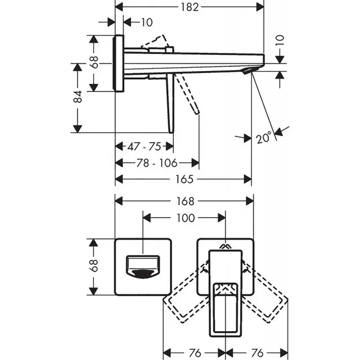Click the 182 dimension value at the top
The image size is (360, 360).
tap(189, 7)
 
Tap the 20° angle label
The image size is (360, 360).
tap(264, 138)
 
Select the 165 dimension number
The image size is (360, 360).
tap(184, 179)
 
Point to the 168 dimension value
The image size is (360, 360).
tap(185, 201)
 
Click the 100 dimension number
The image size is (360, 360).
tap(186, 218)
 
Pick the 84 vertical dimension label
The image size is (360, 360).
tap(78, 97)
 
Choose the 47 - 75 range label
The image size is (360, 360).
tap(144, 146)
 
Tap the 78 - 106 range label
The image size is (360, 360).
tap(157, 163)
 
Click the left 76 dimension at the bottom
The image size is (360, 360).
tap(195, 352)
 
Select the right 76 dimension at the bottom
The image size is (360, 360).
tap(257, 352)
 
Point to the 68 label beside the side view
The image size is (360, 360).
tap(94, 62)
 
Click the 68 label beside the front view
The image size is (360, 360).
tap(94, 266)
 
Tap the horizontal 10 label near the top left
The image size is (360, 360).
tap(147, 22)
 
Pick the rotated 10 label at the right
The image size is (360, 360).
tap(280, 41)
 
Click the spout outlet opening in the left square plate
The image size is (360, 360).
tap(143, 267)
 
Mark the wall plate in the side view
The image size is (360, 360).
tap(118, 63)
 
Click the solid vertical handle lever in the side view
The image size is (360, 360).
tap(170, 103)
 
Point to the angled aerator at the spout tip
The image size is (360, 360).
tap(251, 70)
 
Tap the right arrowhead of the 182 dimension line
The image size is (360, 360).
tap(260, 7)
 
